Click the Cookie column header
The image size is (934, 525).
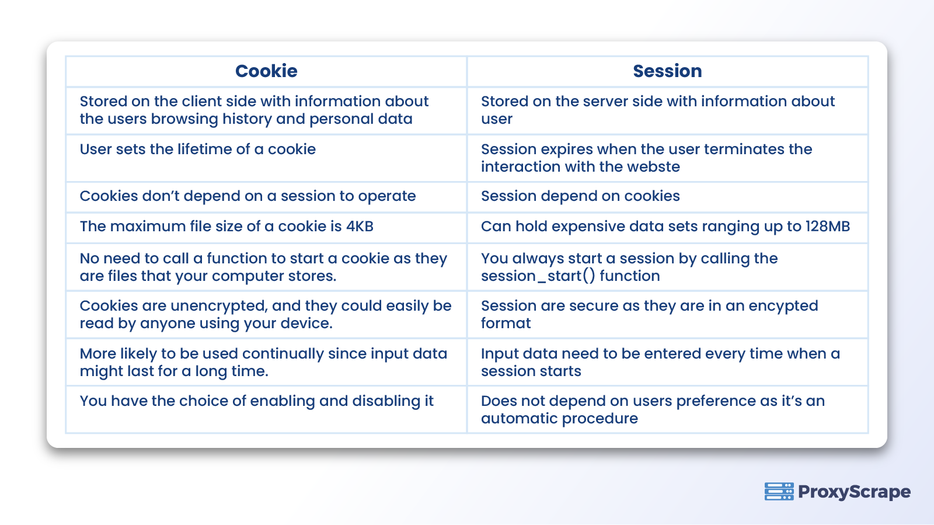266,71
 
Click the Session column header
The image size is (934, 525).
667,71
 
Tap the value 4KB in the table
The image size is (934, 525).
360,227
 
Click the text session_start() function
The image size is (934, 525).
570,276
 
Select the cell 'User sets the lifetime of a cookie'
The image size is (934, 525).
198,149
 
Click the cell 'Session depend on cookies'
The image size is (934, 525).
580,196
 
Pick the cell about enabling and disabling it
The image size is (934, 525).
257,401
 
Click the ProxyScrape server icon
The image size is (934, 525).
779,492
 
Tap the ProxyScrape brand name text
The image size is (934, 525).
854,492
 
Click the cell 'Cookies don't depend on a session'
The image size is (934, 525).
248,196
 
